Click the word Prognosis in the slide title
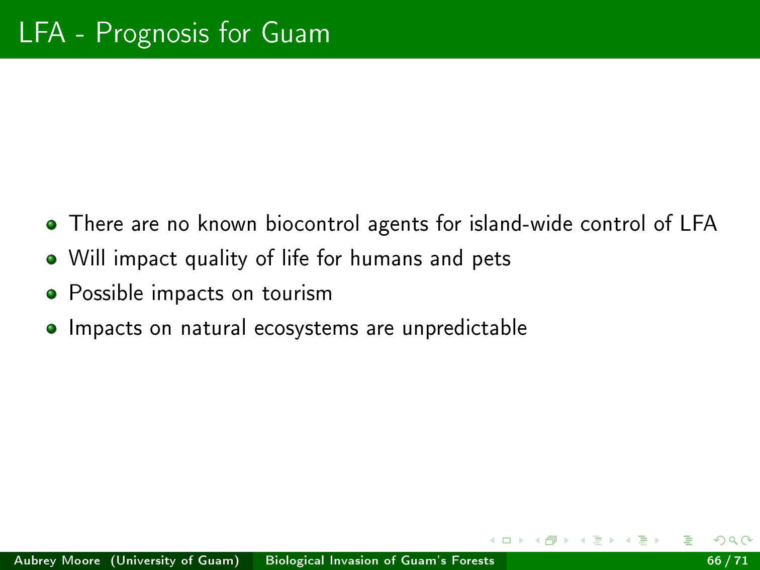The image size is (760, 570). click(x=152, y=34)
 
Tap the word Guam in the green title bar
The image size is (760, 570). click(x=296, y=33)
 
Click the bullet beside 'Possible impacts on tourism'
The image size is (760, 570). click(x=51, y=294)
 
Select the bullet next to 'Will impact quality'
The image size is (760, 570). click(x=51, y=259)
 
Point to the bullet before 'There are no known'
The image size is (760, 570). click(x=51, y=225)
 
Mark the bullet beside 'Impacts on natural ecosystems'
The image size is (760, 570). click(x=51, y=328)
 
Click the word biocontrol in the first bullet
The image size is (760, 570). click(x=313, y=224)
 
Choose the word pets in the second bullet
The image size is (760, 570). click(x=491, y=259)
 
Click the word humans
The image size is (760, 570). click(x=386, y=258)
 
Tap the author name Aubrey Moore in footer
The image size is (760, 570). click(x=57, y=560)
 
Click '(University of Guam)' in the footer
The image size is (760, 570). click(x=175, y=561)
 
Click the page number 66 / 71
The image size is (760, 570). click(x=727, y=560)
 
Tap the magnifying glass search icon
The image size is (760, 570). click(x=733, y=540)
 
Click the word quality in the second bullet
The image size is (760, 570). click(x=217, y=259)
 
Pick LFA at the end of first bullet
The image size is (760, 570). click(x=698, y=224)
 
